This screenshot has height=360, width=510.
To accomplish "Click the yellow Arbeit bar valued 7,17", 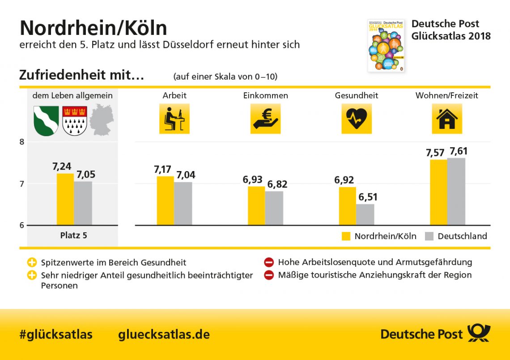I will (165, 200).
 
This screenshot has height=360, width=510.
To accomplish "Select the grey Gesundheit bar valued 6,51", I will (365, 214).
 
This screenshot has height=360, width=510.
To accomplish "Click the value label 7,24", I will (62, 167).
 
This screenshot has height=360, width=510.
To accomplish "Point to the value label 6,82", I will (277, 184).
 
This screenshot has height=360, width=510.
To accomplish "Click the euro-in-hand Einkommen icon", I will (265, 119).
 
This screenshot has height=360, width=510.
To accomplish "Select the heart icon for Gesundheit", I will (357, 119).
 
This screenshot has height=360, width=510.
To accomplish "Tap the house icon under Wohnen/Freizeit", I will (446, 119).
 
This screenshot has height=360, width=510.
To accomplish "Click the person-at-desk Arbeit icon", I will (174, 119).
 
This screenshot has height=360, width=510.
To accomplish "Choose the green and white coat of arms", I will (47, 120).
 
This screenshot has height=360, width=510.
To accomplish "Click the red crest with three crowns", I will (75, 120).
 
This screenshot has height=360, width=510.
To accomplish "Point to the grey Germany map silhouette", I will (102, 120).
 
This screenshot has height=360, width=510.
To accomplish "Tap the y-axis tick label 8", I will (21, 142).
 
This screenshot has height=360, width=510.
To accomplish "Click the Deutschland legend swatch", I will (429, 236).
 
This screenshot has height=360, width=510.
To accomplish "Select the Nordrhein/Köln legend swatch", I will (346, 236).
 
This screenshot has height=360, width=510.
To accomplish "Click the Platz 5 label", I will (73, 235).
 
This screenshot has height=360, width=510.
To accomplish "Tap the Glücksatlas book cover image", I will (386, 45).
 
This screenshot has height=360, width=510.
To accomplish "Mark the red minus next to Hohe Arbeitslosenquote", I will (269, 262).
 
